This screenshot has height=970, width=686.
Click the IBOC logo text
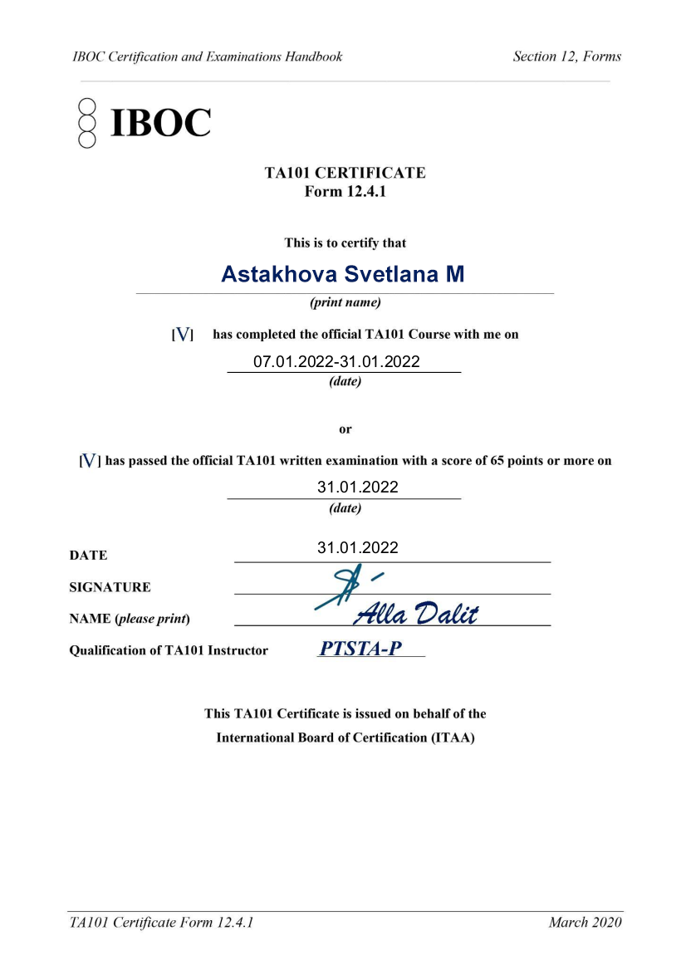[160, 123]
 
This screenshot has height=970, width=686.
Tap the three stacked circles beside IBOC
[87, 123]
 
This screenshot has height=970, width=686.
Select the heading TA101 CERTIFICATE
[345, 173]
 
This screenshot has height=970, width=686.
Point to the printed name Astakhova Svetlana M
[342, 274]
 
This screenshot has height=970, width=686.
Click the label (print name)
[345, 303]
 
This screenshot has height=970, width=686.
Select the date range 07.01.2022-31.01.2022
[336, 361]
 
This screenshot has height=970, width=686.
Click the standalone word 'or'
[345, 429]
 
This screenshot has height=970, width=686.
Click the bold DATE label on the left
[88, 555]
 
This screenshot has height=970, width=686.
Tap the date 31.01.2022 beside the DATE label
[357, 547]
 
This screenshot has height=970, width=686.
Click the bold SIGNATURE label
[110, 587]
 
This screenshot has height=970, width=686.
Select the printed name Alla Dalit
[416, 614]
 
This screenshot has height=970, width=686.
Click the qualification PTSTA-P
[360, 649]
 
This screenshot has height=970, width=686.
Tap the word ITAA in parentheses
[452, 737]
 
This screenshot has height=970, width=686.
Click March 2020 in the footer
[585, 922]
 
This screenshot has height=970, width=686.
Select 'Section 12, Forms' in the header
[566, 56]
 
